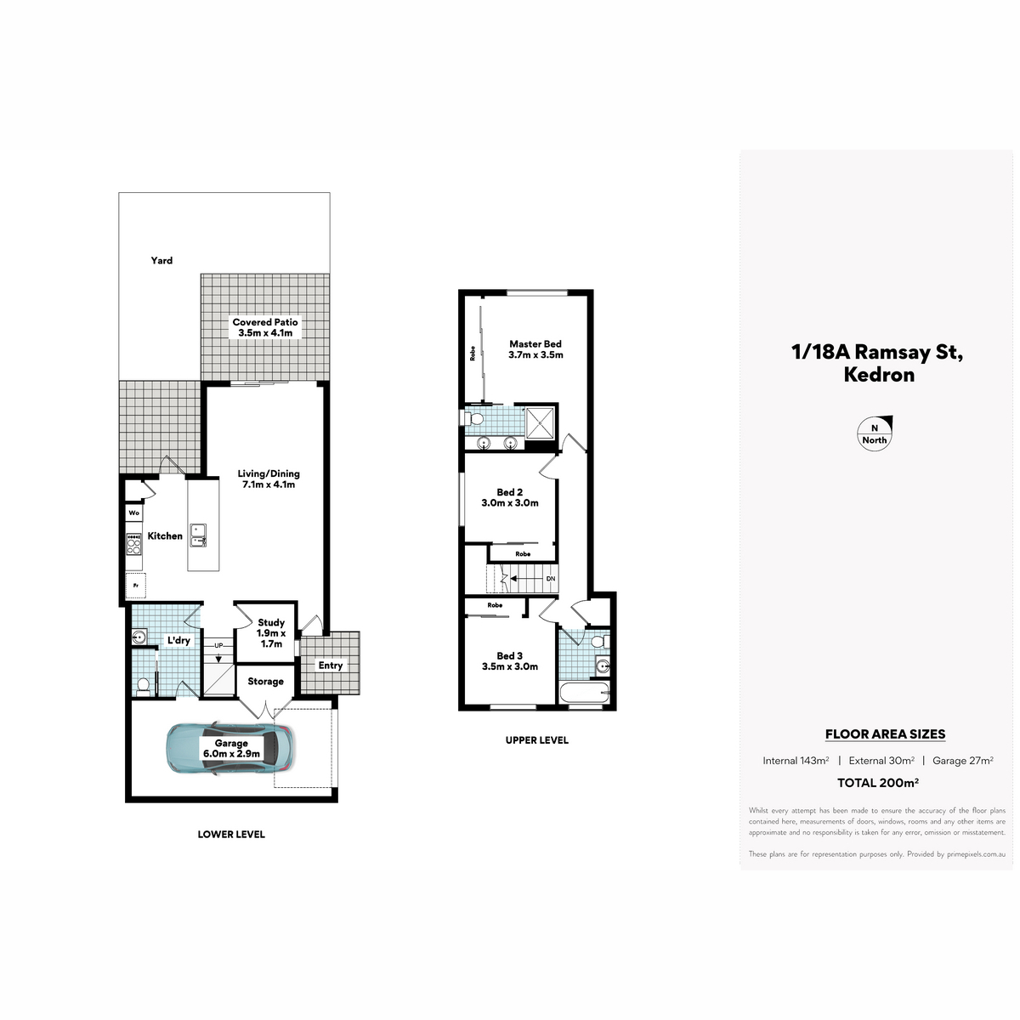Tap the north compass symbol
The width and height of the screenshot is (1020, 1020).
[875, 433]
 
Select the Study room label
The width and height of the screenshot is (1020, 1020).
[271, 633]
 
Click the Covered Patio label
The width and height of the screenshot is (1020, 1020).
[265, 327]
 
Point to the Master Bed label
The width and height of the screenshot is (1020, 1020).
[535, 349]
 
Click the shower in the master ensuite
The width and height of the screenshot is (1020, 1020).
[540, 423]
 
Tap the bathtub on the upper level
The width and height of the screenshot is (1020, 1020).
[584, 693]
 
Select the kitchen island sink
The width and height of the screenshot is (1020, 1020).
[199, 535]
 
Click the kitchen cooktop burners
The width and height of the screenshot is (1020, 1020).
[134, 544]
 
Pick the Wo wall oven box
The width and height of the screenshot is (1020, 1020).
[134, 513]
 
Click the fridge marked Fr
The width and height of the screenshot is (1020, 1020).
[135, 586]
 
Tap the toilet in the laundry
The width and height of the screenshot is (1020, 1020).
[143, 686]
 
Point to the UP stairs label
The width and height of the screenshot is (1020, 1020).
[218, 645]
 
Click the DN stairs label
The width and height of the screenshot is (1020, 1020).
[551, 579]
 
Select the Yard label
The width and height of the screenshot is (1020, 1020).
[161, 260]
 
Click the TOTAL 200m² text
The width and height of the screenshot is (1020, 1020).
[877, 783]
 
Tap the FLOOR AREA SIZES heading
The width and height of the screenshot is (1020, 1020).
[885, 734]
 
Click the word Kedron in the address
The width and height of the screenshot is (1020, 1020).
[879, 375]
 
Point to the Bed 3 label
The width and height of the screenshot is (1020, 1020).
[509, 661]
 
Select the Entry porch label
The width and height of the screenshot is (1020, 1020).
[331, 666]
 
